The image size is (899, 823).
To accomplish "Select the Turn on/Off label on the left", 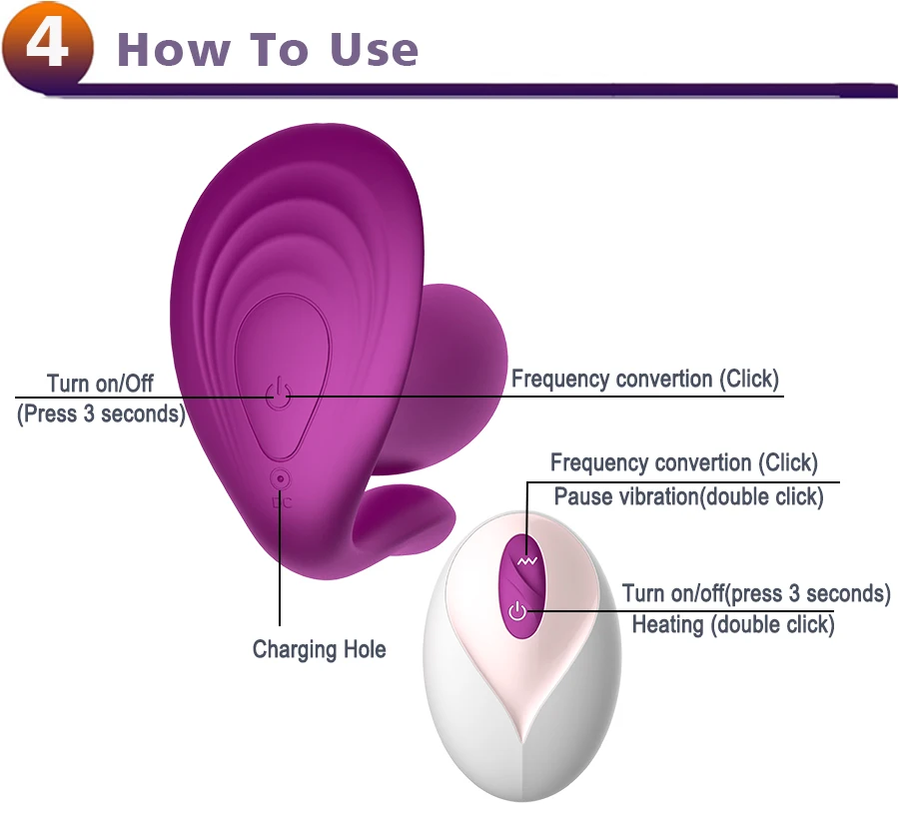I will [x=100, y=384].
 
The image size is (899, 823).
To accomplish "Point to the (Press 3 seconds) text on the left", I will [x=101, y=413].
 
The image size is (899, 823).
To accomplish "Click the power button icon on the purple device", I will [x=280, y=396].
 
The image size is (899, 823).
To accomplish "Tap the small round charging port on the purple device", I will [x=281, y=479].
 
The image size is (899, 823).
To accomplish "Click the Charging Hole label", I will [x=319, y=649].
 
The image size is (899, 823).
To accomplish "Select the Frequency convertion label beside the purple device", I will [x=644, y=379].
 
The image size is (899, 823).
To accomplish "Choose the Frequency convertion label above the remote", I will [x=683, y=462].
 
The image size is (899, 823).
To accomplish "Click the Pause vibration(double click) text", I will [x=688, y=496].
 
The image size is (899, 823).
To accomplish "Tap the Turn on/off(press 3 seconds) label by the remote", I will [x=755, y=593].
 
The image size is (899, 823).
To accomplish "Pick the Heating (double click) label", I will [x=732, y=625].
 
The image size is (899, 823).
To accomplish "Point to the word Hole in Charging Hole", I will [x=365, y=649].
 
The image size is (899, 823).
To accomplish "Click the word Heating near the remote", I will [x=667, y=625].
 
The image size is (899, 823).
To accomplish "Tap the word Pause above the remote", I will [x=580, y=496].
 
